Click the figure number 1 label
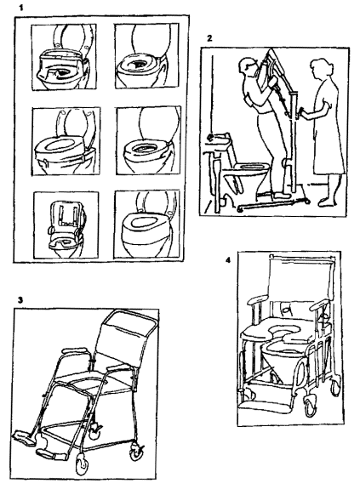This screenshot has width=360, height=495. pyautogui.click(x=21, y=8)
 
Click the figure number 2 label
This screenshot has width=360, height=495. pyautogui.click(x=209, y=39)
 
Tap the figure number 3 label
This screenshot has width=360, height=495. pyautogui.click(x=20, y=300)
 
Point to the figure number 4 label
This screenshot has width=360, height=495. pyautogui.click(x=228, y=260)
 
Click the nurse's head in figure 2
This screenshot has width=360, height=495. pyautogui.click(x=319, y=67)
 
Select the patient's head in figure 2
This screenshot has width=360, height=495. pyautogui.click(x=246, y=67)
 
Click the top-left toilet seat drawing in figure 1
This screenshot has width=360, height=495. pyautogui.click(x=64, y=56)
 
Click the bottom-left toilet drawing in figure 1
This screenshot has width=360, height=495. pyautogui.click(x=66, y=225)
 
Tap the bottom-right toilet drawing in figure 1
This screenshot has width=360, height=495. pyautogui.click(x=147, y=225)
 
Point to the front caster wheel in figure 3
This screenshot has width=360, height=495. pyautogui.click(x=82, y=464)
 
